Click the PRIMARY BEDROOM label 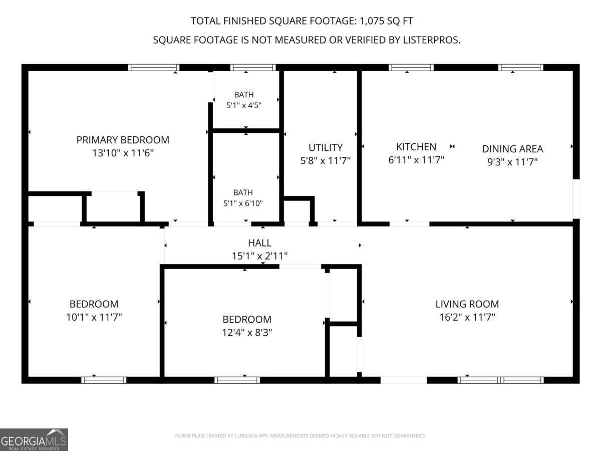pos(123,140)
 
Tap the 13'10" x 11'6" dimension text pos(123,153)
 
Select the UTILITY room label pos(325,148)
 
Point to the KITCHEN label pos(416,147)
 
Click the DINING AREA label pos(512,149)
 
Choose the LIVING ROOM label pos(467,304)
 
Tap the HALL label pos(259,243)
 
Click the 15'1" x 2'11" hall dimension pos(259,256)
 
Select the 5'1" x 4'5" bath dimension pos(244,105)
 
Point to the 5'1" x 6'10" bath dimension pos(243,203)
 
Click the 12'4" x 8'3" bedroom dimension pos(247,332)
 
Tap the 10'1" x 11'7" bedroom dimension pos(94,317)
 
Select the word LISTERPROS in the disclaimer pos(431,40)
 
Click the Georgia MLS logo pos(34,439)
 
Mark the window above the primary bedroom pos(154,67)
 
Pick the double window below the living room pos(500,380)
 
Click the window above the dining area pos(520,67)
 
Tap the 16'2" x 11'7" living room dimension pos(467,317)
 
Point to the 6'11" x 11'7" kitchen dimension pos(416,160)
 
